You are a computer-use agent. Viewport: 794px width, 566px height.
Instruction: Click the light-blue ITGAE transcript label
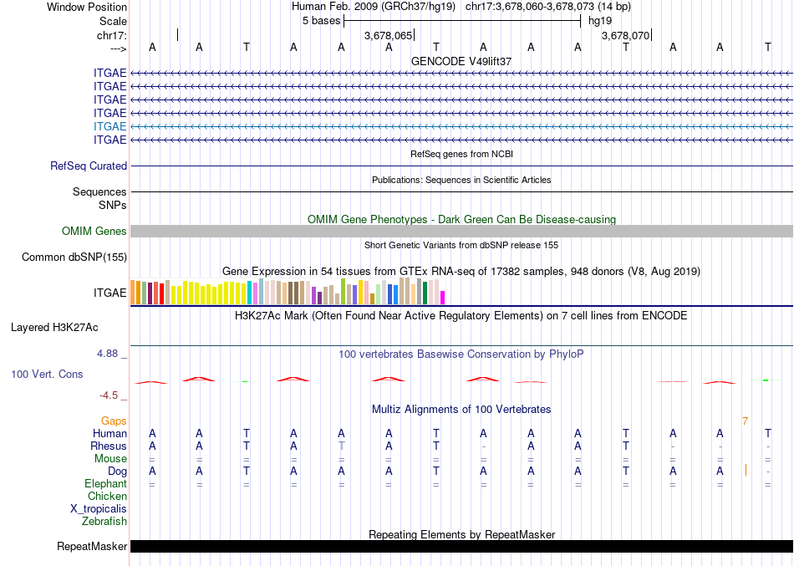110,126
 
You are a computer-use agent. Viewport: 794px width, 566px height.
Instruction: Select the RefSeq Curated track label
89,166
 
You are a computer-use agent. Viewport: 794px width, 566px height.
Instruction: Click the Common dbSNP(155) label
74,258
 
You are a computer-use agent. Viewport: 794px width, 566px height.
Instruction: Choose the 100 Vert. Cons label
47,374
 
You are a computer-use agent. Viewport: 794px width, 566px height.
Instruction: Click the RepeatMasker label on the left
92,547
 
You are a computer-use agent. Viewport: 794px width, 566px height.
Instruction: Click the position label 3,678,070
624,36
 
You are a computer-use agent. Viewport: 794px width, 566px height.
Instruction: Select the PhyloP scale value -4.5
109,395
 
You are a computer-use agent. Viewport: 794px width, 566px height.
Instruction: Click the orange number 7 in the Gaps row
745,421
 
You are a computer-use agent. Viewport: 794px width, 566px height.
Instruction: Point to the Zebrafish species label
104,522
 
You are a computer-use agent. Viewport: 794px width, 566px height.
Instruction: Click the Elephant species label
106,484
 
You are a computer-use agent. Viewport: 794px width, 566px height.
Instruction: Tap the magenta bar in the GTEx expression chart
443,297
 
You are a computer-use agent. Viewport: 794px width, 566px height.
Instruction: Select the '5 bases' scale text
321,21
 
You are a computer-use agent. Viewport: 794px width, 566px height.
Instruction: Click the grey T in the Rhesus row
341,446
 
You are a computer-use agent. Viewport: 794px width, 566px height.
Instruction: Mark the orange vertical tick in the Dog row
746,470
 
